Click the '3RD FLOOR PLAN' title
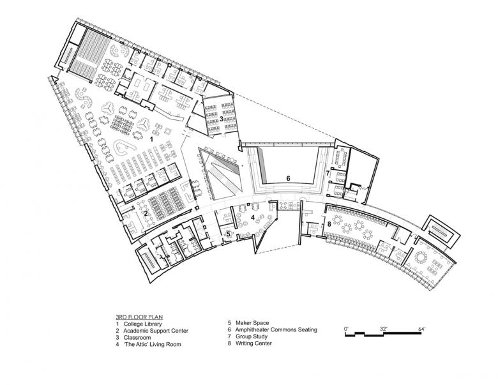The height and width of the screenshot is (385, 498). click(139, 317)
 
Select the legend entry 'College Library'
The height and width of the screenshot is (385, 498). click(142, 324)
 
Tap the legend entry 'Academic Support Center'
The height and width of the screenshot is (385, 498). click(156, 331)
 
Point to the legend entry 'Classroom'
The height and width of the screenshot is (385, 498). click(137, 337)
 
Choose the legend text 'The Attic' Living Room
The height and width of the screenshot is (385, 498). click(152, 344)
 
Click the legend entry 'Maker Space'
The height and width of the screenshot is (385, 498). click(252, 323)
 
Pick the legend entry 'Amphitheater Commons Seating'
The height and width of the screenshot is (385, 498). click(276, 329)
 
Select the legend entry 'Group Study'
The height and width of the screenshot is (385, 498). click(252, 336)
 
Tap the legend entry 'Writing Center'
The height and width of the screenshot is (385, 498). click(253, 343)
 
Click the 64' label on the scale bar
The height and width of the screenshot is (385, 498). click(421, 329)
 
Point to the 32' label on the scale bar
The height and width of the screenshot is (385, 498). click(384, 329)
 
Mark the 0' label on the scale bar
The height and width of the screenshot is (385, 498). click(347, 329)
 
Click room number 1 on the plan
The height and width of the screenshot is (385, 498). click(151, 139)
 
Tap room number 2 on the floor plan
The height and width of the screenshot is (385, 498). click(146, 213)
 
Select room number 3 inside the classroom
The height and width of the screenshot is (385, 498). click(221, 119)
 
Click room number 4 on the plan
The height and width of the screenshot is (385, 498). click(253, 218)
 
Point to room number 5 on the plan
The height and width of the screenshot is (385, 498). click(229, 234)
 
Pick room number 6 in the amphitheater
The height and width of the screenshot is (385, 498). click(288, 179)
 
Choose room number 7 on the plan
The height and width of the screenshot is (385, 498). click(328, 174)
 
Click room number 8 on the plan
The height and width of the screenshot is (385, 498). click(329, 224)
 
